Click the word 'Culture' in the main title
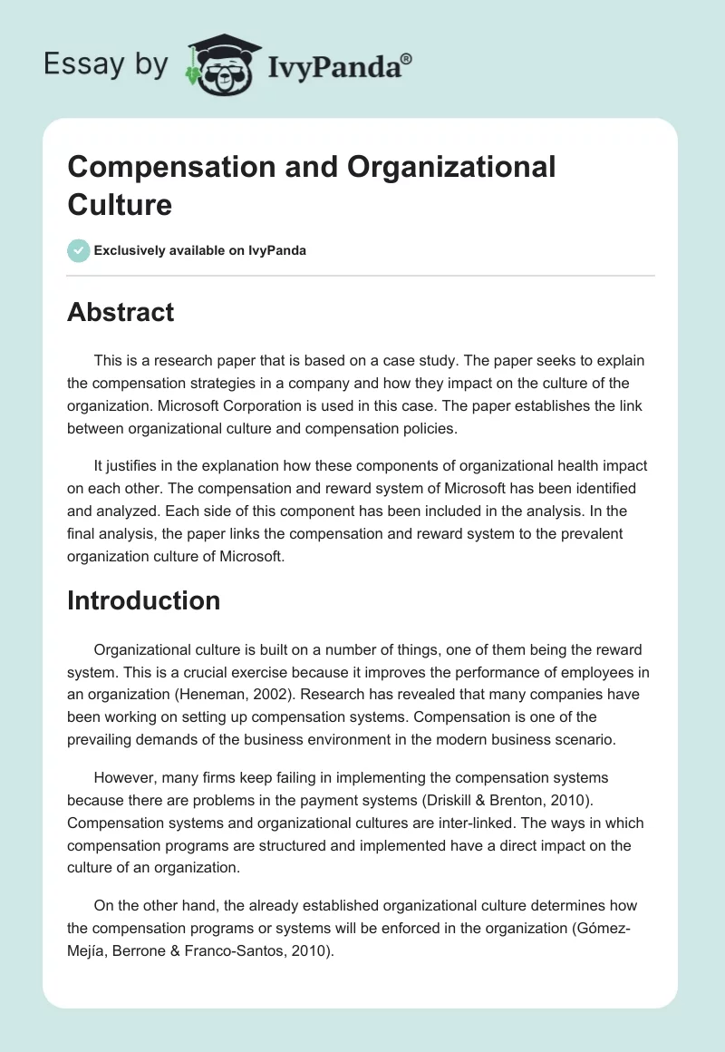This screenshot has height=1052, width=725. pos(120,204)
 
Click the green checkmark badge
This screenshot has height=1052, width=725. pos(79,250)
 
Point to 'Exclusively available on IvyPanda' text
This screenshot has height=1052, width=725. pos(200,250)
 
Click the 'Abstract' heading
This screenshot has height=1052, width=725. pos(121,312)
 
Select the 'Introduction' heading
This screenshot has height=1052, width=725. pos(143,600)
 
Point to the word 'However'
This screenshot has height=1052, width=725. pos(124,778)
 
